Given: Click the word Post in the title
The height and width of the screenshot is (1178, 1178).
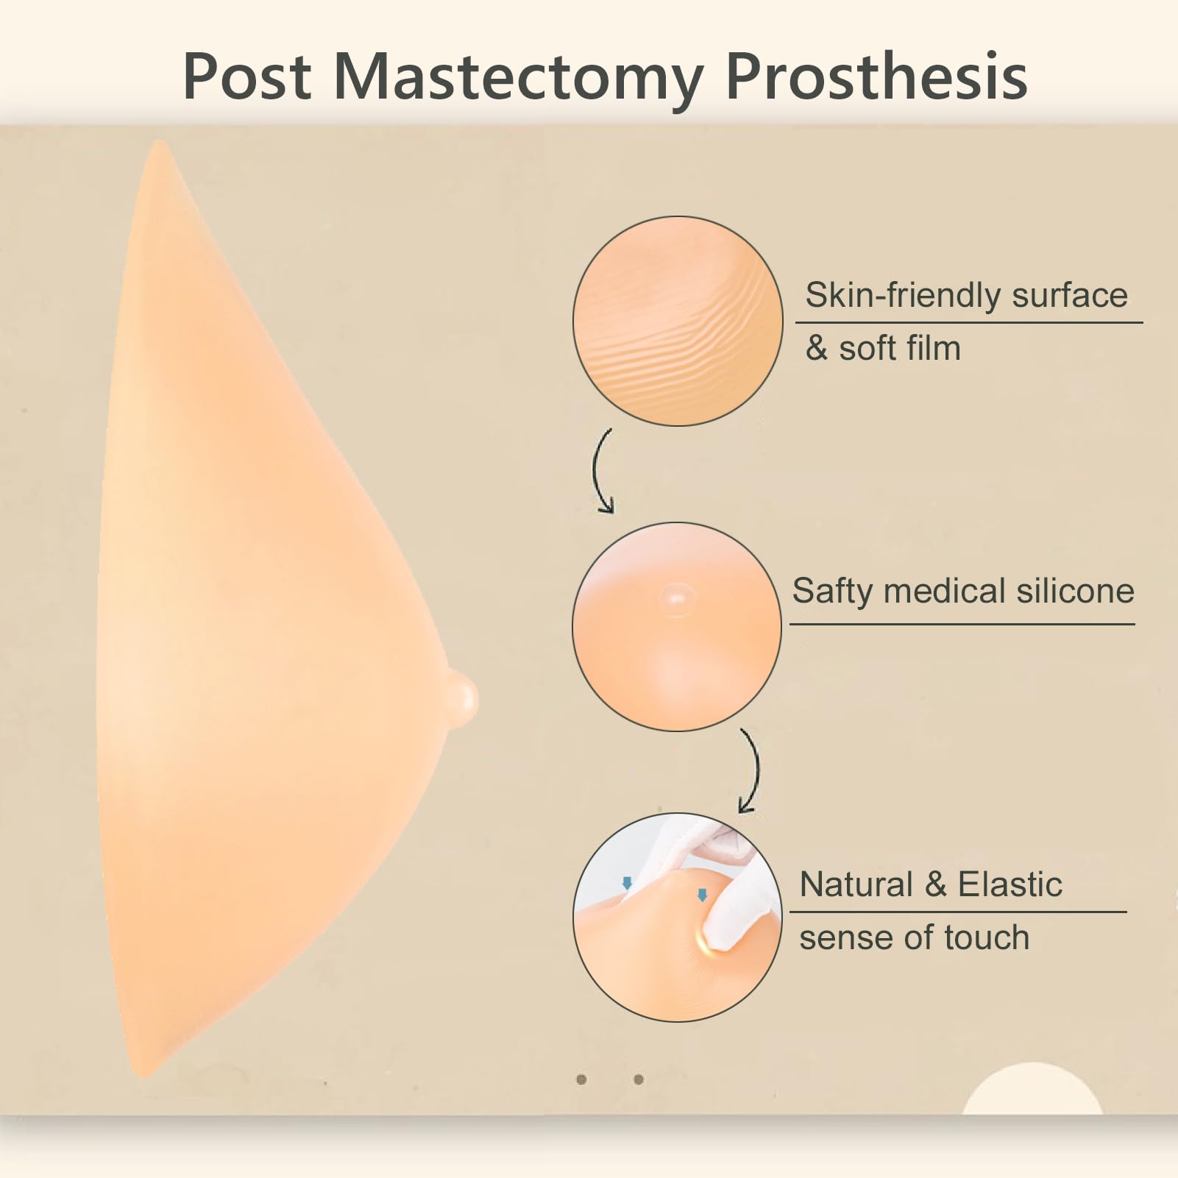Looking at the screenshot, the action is pos(247,77).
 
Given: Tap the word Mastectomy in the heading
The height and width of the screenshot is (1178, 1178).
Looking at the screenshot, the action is pos(519,81).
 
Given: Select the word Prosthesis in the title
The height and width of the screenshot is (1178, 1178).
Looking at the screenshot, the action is pos(876,77).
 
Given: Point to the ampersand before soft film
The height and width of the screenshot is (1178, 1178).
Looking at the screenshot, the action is pos(817,348).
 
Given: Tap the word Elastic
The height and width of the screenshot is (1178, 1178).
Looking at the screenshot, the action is pos(1010,884).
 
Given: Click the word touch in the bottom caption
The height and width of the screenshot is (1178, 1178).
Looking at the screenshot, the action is pos(987,937).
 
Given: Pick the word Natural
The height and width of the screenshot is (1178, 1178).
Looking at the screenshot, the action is pos(856,884).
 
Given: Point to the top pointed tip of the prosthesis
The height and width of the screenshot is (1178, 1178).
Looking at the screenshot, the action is pos(158,142).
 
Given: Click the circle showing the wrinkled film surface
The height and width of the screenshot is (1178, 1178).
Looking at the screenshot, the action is pos(678,321).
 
